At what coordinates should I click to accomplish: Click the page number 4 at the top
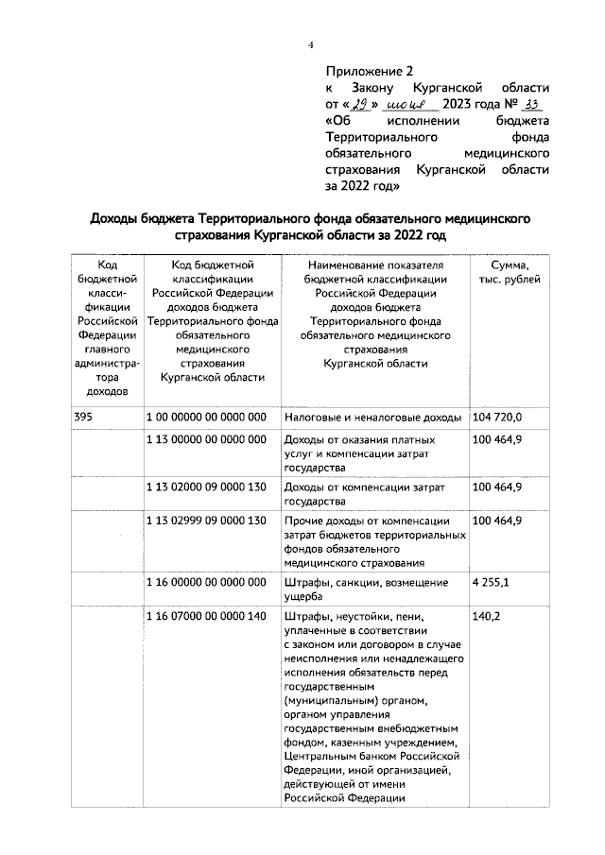(309, 45)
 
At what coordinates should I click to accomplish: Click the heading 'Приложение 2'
(370, 71)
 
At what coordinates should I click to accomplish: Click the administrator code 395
(82, 417)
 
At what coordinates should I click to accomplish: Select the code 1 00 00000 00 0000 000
(206, 417)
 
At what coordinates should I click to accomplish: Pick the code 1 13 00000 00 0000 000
(206, 440)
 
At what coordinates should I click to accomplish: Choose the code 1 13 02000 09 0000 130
(206, 487)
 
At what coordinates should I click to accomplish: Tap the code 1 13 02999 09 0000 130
(206, 521)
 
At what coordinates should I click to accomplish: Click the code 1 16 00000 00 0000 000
(206, 583)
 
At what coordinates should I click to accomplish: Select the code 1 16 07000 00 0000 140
(206, 617)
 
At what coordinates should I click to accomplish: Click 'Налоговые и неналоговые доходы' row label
(372, 417)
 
